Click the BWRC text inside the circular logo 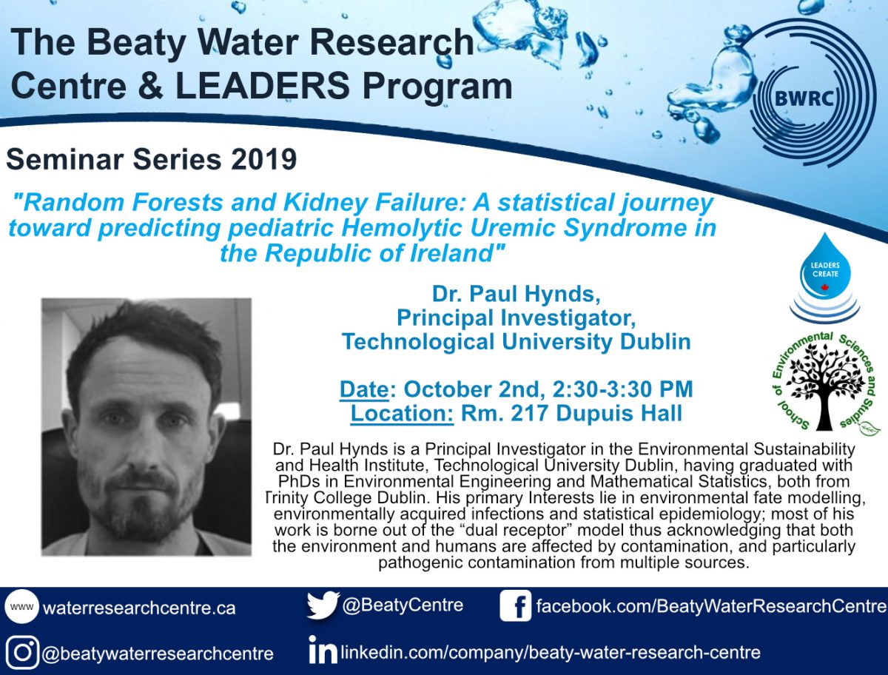click(804, 99)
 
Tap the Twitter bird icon click(323, 605)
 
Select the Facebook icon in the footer click(515, 605)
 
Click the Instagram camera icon click(23, 652)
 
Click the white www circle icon click(22, 606)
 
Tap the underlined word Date click(364, 389)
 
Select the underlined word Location click(402, 413)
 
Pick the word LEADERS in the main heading click(263, 86)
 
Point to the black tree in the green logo click(824, 386)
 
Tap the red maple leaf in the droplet click(824, 288)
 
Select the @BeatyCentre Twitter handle click(403, 605)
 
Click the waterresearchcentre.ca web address click(139, 608)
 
